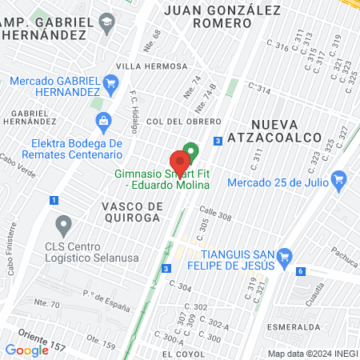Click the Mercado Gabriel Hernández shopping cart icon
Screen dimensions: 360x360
pos(110,82)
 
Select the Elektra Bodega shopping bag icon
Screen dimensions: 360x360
pos(102,122)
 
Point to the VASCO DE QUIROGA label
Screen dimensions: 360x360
pos(133,212)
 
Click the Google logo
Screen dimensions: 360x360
pos(27,350)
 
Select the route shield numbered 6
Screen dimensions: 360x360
pos(300,271)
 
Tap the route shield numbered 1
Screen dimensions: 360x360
pos(54,199)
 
